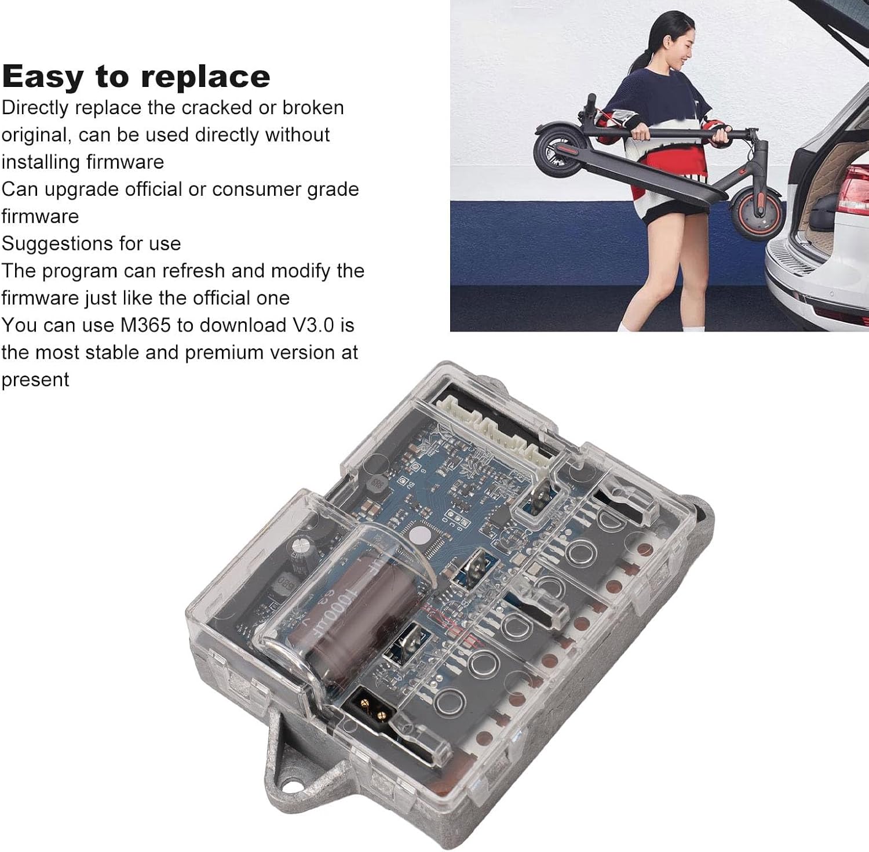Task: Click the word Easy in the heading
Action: (x=42, y=77)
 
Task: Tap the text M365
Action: (x=145, y=325)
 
